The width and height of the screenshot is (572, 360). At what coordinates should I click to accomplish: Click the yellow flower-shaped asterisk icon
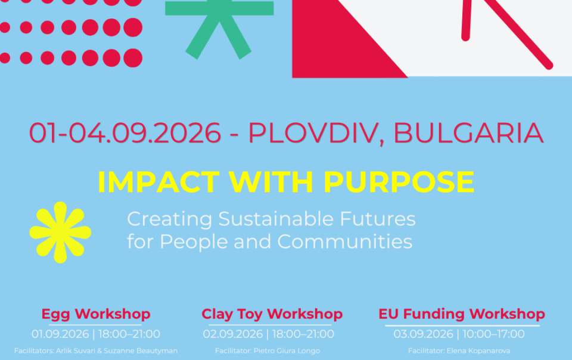point(60,232)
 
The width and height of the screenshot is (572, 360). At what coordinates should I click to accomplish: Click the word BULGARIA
point(468,133)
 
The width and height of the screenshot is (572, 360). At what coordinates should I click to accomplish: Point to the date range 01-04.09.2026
point(125,133)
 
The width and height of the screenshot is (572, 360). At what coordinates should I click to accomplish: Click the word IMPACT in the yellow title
point(158,182)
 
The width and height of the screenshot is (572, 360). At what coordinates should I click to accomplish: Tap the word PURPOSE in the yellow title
point(399,182)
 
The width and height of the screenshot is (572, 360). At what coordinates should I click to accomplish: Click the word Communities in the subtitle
point(345,241)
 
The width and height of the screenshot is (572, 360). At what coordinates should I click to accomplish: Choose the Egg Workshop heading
point(95,314)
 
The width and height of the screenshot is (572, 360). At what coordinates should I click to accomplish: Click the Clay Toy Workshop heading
point(272,314)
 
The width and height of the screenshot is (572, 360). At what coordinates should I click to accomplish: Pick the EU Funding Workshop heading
point(461,314)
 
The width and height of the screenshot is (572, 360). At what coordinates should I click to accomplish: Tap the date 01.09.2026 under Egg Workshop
point(60,334)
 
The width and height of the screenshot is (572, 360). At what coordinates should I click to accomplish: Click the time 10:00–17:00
point(493,334)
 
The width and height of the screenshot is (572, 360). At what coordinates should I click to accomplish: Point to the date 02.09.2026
point(232,334)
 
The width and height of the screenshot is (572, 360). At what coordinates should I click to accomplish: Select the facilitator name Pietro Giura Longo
point(287,351)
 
